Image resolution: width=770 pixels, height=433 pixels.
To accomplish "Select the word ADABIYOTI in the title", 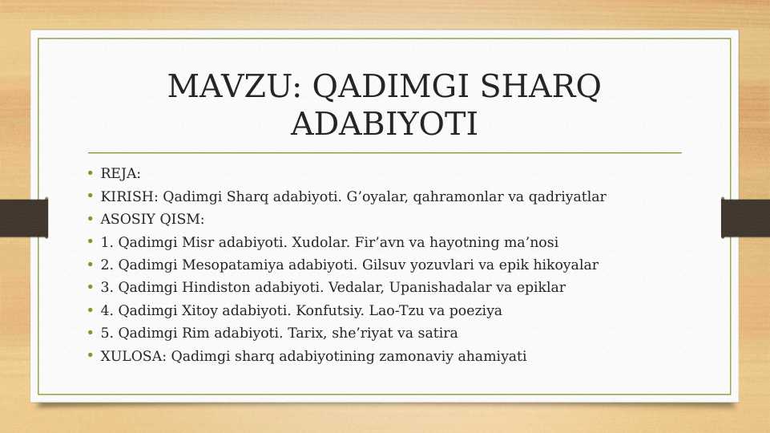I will tap(384, 124).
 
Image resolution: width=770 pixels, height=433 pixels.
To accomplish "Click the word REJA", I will tap(119, 173).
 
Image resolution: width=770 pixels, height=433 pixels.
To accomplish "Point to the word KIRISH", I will tap(128, 196).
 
